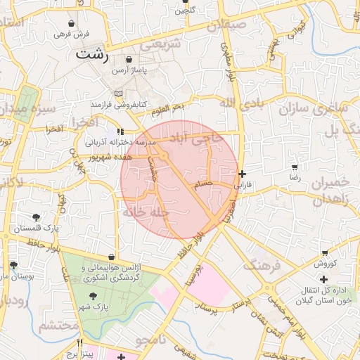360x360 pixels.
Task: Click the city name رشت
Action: click(93, 53)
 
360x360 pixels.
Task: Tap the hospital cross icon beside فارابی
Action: click(243, 174)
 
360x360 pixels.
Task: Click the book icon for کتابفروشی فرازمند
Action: click(119, 94)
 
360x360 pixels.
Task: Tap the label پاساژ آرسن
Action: click(129, 71)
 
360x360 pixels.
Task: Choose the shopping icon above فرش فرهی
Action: click(72, 23)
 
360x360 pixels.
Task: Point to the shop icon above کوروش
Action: click(325, 252)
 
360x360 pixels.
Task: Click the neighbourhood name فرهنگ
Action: click(262, 266)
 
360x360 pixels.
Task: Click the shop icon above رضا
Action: click(294, 167)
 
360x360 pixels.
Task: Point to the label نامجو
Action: click(150, 341)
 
